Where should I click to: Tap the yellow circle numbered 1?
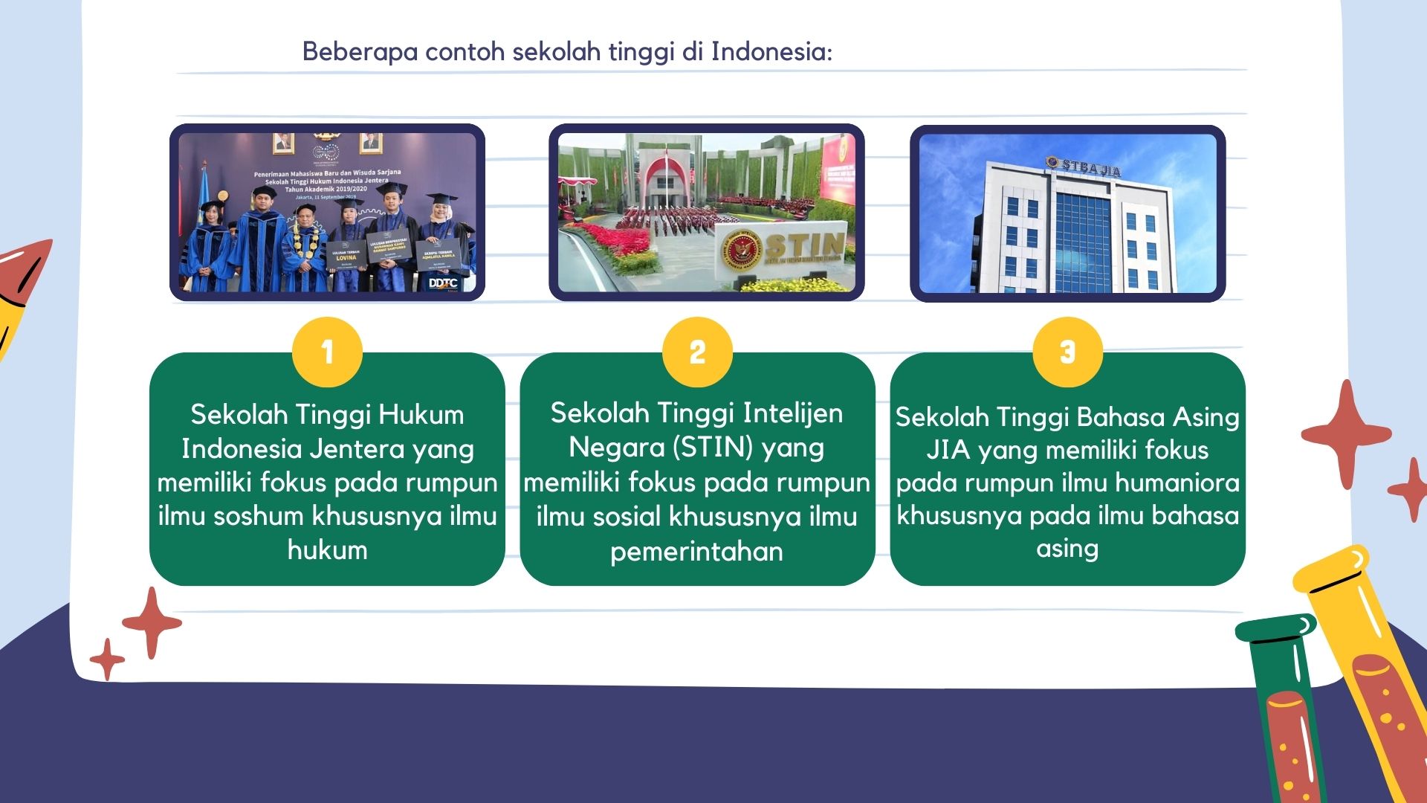(327, 352)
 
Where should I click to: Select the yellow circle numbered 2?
(697, 352)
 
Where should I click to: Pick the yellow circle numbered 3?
(1067, 352)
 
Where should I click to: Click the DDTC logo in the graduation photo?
(443, 283)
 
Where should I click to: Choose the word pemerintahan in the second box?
(696, 551)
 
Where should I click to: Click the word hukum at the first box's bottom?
(327, 549)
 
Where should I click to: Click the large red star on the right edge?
(1346, 434)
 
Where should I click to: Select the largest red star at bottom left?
(152, 623)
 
